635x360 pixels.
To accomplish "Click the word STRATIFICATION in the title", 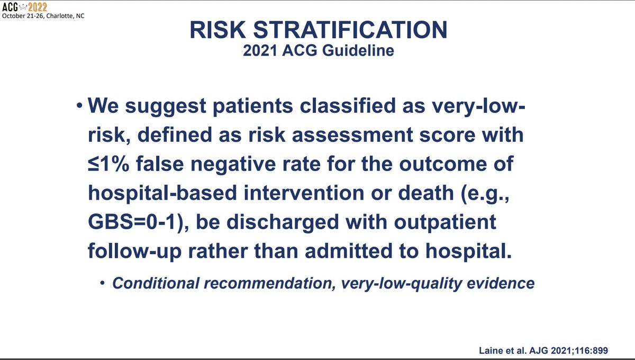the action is (x=350, y=30).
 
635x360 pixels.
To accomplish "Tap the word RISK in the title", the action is (x=217, y=30).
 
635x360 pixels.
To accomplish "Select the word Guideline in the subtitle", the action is (x=358, y=51).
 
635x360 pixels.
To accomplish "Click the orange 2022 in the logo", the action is (x=38, y=7).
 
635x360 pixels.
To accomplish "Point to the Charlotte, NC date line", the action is (x=43, y=16).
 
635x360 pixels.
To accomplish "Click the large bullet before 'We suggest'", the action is (x=79, y=106).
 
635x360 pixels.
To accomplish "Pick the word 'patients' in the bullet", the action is (x=253, y=106).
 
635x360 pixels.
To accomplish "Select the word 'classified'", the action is (x=348, y=105).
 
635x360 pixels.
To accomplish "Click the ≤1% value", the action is (x=108, y=164).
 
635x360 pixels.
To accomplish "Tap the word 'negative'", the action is (x=233, y=165).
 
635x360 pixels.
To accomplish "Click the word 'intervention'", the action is (x=304, y=193).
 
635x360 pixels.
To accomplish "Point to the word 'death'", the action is (x=426, y=193).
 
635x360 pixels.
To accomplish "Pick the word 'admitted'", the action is (x=349, y=251).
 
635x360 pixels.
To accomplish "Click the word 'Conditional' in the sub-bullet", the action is (x=156, y=283).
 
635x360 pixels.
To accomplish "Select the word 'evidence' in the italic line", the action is (x=501, y=283).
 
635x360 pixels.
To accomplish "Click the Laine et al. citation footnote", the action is (x=543, y=350).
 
